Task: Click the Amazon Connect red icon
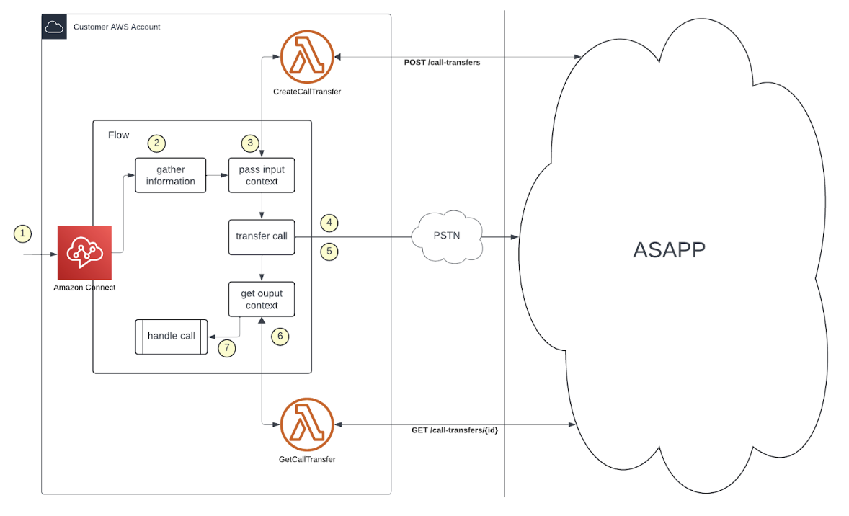(85, 252)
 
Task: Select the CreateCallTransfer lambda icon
(307, 56)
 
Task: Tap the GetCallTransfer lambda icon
(307, 424)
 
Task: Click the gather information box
(171, 175)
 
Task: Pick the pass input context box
(262, 175)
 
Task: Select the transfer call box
(262, 236)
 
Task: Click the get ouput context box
(262, 299)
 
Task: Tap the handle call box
(172, 336)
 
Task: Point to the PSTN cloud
(447, 236)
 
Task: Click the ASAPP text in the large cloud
(670, 249)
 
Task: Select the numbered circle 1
(23, 233)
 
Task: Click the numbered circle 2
(156, 143)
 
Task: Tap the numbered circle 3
(250, 143)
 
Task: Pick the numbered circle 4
(329, 223)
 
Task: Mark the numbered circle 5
(329, 252)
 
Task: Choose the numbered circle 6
(280, 336)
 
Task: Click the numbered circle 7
(227, 347)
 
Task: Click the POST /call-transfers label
(442, 63)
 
